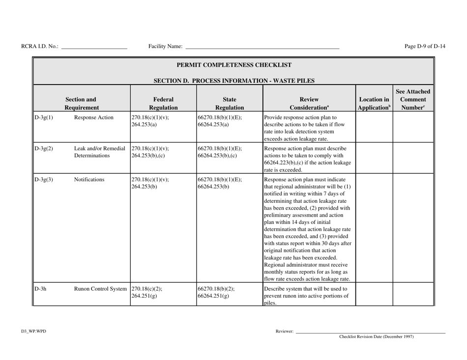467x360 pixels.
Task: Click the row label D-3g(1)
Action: point(43,118)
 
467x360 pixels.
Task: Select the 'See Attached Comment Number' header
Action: point(413,98)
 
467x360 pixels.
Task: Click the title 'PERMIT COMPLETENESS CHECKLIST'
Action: point(233,65)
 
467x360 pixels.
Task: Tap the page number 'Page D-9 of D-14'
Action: point(425,47)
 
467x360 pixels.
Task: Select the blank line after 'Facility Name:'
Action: point(262,48)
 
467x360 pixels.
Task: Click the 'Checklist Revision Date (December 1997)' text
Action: point(376,337)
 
